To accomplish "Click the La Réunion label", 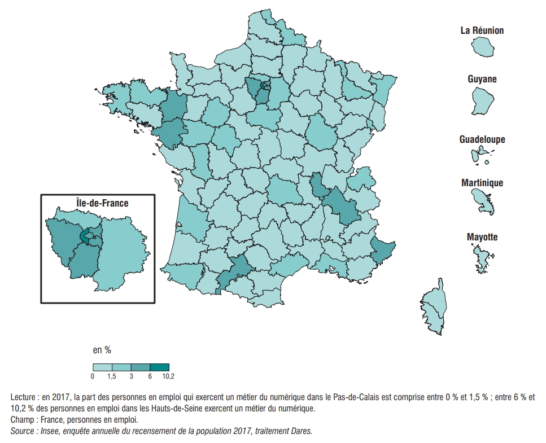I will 482,30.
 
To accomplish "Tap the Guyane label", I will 482,79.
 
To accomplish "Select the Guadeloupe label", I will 482,139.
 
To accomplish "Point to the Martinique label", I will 482,183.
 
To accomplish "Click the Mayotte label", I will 482,237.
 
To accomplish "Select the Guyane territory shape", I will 482,101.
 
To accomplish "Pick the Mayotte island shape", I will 481,260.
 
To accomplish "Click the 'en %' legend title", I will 102,350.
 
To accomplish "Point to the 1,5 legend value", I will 111,376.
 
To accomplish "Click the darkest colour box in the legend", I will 159,367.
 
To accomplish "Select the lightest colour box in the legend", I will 102,367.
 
